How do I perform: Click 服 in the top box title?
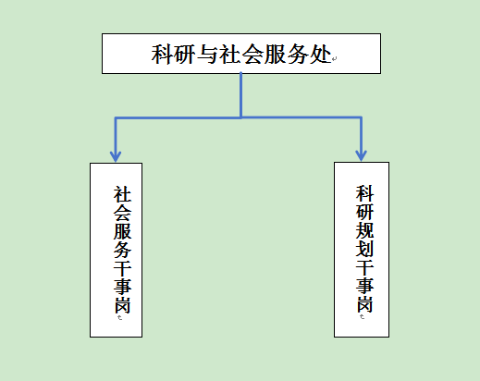coord(275,54)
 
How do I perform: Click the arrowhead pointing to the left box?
coord(116,152)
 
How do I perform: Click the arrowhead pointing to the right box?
coord(361,152)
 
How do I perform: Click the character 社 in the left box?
coord(121,195)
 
